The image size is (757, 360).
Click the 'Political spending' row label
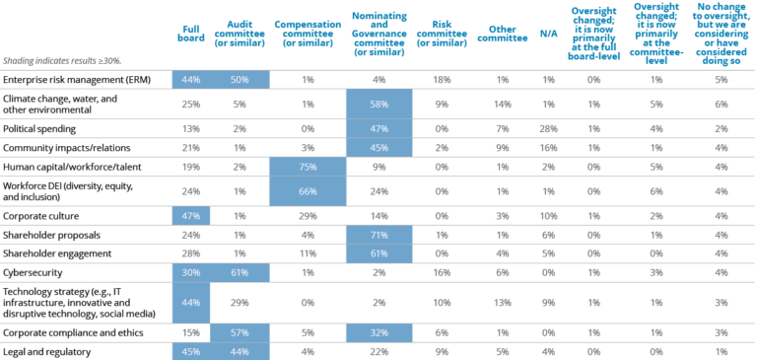[x=41, y=128]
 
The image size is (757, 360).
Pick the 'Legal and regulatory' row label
[x=46, y=351]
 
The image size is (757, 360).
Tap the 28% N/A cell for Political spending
[x=549, y=128]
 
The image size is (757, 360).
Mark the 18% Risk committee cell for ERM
[x=444, y=79]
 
